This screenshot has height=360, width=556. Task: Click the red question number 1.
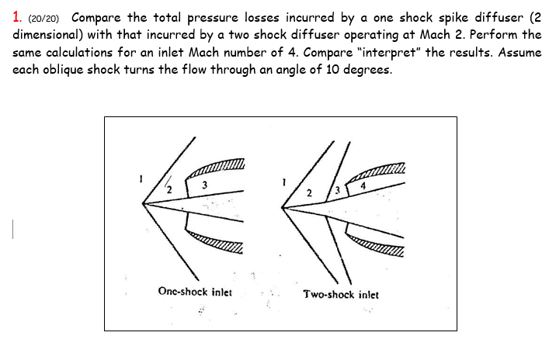[x=16, y=17]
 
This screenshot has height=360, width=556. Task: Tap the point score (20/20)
[x=45, y=18]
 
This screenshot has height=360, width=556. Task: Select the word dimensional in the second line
[x=47, y=35]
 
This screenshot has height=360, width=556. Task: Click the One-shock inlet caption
[x=194, y=292]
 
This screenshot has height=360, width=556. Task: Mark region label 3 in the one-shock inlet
[x=203, y=185]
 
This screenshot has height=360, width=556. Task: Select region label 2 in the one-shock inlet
[x=169, y=189]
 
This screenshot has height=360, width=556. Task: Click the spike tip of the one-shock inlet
[x=143, y=204]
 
